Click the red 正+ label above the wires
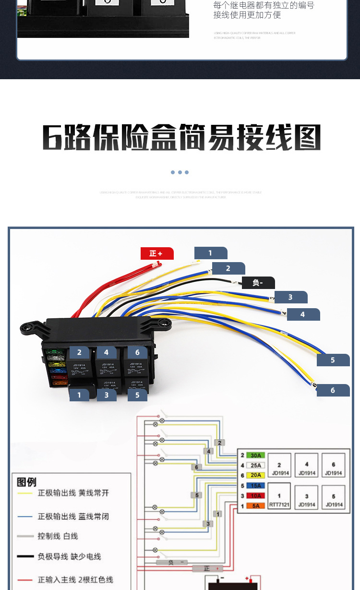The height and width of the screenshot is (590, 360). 156,253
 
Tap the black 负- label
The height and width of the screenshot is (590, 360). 258,283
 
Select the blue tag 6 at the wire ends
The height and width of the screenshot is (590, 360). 333,390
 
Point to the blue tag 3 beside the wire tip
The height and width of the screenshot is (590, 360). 290,297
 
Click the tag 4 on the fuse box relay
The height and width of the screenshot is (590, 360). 106,352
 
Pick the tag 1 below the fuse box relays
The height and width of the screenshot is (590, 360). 79,395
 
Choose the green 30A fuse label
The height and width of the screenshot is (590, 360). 256,455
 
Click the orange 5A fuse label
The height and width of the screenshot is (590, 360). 256,506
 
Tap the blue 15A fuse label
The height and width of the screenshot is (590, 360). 256,485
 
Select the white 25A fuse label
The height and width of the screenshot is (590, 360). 256,465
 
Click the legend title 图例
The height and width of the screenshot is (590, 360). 26,482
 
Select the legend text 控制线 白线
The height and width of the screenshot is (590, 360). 58,536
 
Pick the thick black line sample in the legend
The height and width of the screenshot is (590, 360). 24,557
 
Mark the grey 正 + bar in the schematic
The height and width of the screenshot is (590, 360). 207,568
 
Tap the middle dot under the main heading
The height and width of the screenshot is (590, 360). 180,172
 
